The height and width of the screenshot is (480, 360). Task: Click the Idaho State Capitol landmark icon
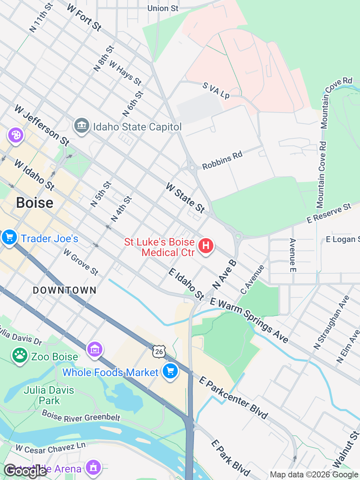coord(81,125)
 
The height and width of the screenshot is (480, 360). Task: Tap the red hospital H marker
coord(205,246)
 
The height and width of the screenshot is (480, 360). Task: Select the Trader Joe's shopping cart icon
coord(9,237)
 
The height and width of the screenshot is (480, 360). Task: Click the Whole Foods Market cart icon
coord(170,371)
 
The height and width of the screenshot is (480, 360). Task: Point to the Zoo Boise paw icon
coord(19,355)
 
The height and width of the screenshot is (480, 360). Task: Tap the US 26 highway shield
coord(159,351)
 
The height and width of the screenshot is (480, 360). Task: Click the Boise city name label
coord(35,203)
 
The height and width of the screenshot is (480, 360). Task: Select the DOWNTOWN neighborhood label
coord(64,290)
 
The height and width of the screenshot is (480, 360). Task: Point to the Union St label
coord(163,8)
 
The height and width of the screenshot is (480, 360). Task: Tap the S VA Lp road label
coord(216,91)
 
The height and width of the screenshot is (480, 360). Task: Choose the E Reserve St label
coord(329,213)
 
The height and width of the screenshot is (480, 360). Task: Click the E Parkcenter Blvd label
coord(233,397)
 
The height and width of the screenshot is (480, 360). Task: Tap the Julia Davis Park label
coord(49,395)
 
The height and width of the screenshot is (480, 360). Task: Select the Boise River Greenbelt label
coord(81,416)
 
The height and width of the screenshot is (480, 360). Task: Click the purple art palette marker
coord(16,135)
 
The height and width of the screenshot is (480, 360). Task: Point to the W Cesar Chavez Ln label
coord(51,448)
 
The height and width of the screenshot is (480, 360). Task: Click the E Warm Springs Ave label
coord(249,320)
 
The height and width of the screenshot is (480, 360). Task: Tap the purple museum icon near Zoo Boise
coord(95,349)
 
